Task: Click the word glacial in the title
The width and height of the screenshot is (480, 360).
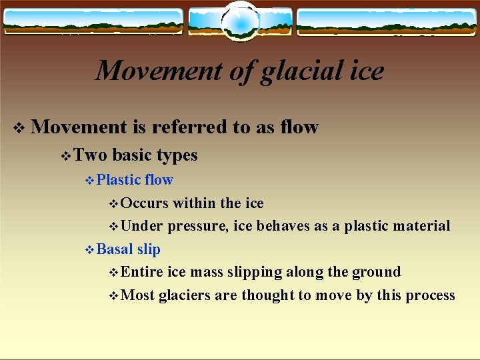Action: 295,71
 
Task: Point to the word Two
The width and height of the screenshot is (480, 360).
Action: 90,155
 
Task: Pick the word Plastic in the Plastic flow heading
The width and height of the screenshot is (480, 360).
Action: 119,180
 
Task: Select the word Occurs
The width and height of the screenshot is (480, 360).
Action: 145,203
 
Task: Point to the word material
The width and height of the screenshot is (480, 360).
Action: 418,226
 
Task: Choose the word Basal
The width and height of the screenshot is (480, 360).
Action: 115,249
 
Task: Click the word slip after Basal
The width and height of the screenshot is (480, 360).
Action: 149,249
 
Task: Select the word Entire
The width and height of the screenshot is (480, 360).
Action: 143,272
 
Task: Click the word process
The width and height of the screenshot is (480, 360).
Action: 430,296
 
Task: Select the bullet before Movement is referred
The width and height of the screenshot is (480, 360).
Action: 19,128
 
